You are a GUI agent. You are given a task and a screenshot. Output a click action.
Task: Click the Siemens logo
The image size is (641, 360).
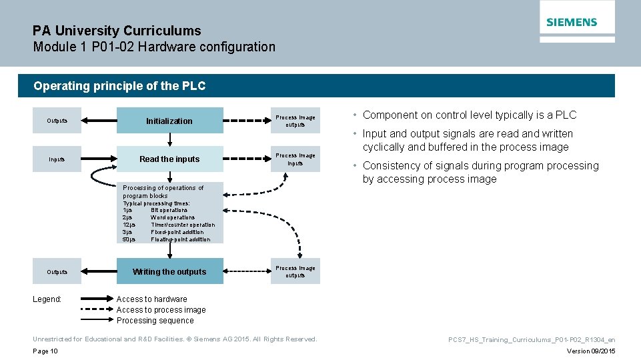tap(572, 22)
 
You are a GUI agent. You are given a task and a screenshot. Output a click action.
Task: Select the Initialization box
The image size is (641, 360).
tap(169, 121)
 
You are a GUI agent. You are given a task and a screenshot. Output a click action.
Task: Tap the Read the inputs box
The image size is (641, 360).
tap(169, 159)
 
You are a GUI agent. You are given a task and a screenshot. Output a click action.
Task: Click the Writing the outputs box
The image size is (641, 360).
tap(169, 271)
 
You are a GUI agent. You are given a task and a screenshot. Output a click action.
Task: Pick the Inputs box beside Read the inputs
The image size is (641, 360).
tap(57, 159)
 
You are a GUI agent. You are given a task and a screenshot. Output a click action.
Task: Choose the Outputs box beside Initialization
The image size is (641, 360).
tap(57, 121)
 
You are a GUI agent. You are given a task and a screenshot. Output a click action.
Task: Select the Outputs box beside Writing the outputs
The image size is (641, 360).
tap(57, 271)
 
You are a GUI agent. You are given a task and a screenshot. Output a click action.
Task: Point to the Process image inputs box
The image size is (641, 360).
tap(295, 159)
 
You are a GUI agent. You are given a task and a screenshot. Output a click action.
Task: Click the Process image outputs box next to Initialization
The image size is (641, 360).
tap(295, 121)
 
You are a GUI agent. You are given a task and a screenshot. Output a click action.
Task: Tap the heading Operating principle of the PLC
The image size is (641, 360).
tap(119, 86)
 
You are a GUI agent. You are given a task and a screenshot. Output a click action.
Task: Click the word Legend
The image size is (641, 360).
tap(47, 299)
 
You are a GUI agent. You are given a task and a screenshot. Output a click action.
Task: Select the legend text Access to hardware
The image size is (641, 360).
tap(151, 299)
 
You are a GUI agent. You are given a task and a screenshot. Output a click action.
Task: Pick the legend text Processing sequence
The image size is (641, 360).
tap(155, 321)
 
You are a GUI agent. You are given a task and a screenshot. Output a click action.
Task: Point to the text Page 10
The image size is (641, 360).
tap(45, 351)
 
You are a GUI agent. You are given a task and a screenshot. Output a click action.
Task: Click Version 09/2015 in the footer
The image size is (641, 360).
tap(591, 351)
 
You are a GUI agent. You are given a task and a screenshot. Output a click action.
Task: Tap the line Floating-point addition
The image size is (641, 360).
tap(180, 239)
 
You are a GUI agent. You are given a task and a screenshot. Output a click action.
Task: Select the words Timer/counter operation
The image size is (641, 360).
tap(183, 225)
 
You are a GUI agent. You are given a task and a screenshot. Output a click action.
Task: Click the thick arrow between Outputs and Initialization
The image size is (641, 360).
tap(99, 121)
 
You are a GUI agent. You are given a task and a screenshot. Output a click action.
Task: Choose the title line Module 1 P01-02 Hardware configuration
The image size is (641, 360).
tap(154, 47)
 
